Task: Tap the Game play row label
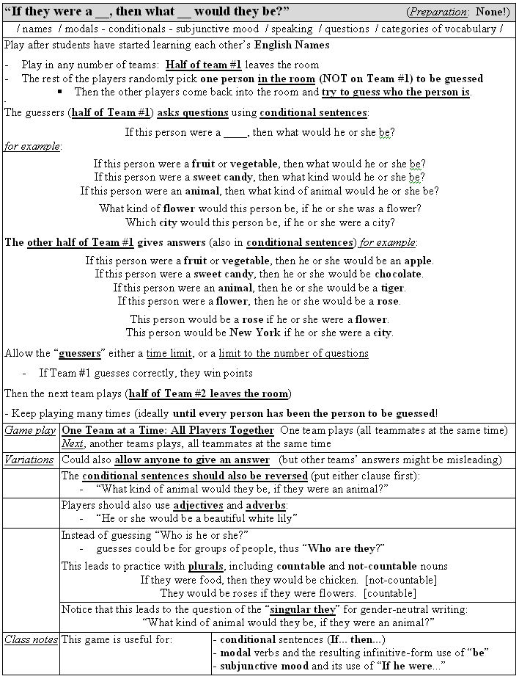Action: tap(30, 430)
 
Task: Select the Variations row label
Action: tap(29, 460)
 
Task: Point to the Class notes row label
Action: tap(31, 639)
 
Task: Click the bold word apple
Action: tap(419, 261)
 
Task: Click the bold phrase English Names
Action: tap(292, 45)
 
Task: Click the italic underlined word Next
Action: tap(72, 443)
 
